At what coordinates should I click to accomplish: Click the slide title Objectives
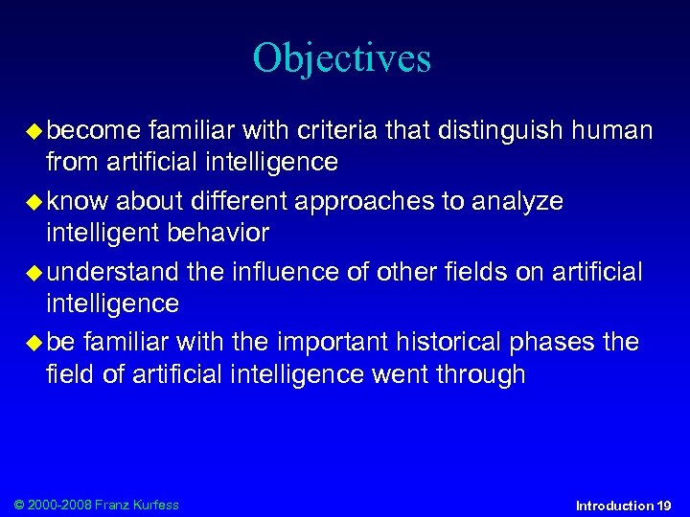coord(342,59)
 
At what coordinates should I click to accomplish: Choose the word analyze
coord(517,201)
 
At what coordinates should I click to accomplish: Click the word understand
coord(112,272)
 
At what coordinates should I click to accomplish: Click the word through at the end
coord(477,374)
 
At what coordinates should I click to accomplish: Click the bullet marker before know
coord(35,202)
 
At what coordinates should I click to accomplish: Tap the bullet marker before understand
coord(35,273)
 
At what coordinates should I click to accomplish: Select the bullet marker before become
coord(35,130)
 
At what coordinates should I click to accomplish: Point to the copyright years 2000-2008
coord(58,504)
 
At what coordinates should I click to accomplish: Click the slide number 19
coord(664,505)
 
